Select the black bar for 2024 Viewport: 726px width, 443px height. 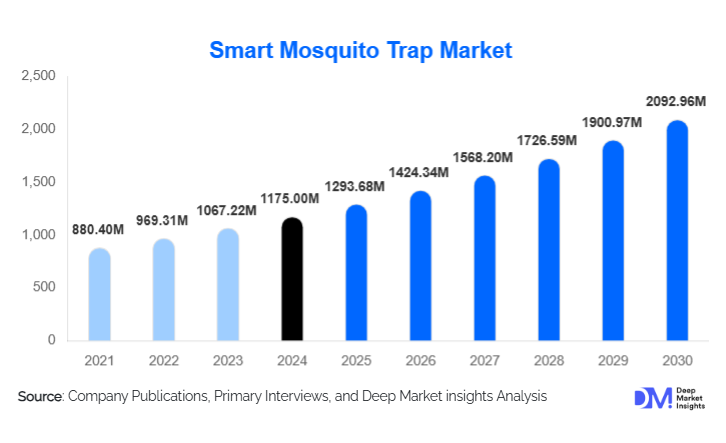tap(291, 279)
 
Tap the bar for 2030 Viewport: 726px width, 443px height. tap(677, 231)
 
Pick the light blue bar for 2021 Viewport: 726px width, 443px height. tap(99, 295)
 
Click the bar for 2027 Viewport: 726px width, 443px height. tap(484, 258)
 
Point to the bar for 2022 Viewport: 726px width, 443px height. tap(163, 290)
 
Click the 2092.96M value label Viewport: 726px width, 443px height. tap(677, 102)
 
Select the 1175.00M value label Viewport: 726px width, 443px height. tap(291, 199)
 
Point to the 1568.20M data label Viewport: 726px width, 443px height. tap(484, 157)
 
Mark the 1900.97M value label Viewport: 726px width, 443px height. tap(613, 122)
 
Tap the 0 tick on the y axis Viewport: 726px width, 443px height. tap(51, 340)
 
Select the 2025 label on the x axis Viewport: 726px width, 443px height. tap(355, 360)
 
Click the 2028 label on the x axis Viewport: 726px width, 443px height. tap(548, 360)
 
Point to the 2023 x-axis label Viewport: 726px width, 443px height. tap(227, 360)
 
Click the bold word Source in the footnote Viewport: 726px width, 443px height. tap(40, 397)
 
